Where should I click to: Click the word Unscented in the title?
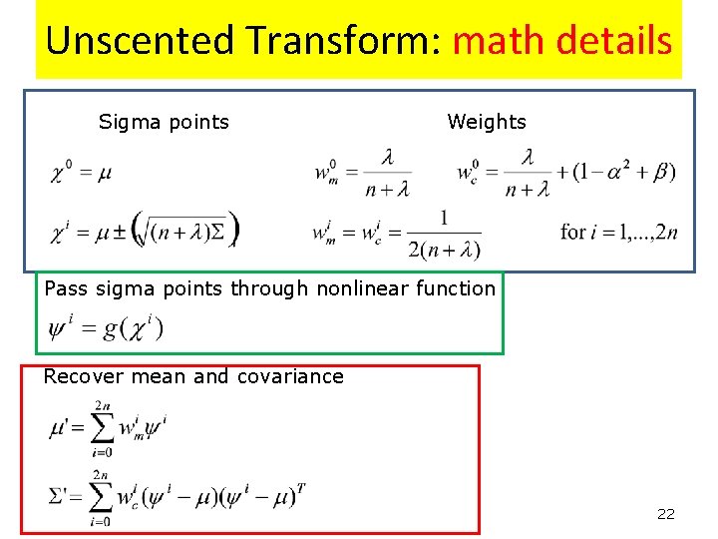(x=139, y=41)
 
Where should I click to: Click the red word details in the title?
(x=612, y=41)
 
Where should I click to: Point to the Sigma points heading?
(x=164, y=122)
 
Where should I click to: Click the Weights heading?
(x=487, y=122)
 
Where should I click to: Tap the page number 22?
(x=665, y=514)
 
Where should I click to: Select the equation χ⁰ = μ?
(x=81, y=174)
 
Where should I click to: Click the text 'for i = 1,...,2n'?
(x=619, y=232)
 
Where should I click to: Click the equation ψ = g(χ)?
(x=105, y=327)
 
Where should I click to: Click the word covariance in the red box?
(x=290, y=376)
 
